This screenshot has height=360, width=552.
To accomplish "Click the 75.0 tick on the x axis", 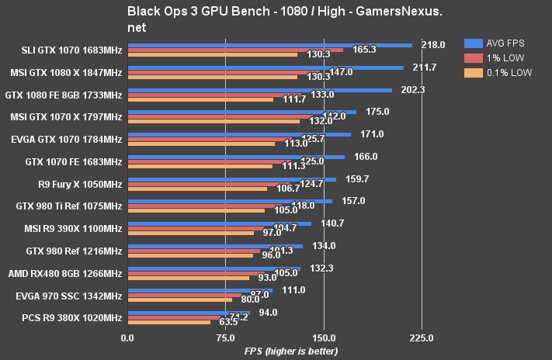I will pos(226,337).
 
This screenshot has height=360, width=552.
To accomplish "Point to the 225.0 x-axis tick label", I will pos(421,337).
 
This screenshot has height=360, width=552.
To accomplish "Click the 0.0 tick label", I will pos(127,337).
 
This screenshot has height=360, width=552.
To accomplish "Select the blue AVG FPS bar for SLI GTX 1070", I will pos(269,45).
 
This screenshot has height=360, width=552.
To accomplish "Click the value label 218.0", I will pos(432,45).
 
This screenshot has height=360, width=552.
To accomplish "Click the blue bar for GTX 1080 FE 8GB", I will pos(259,90).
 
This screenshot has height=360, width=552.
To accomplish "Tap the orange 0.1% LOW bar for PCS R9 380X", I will pos(168,321).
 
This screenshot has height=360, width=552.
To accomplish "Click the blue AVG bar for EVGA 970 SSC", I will pos(200,290).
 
